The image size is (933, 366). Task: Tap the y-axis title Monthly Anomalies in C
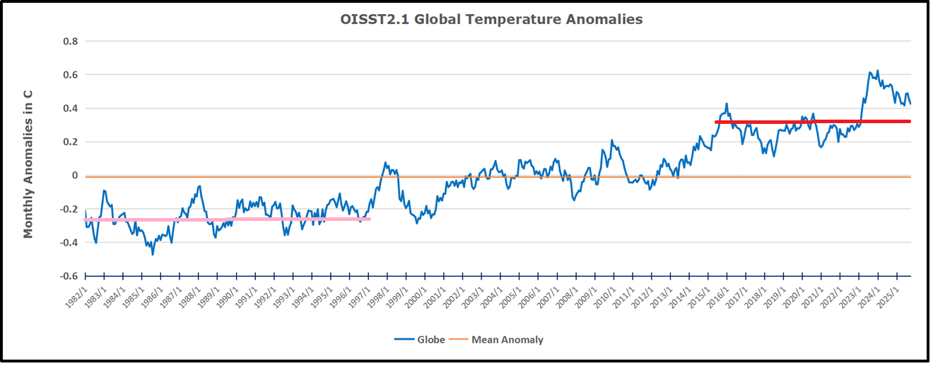point(28,163)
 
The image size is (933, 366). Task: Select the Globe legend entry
point(420,340)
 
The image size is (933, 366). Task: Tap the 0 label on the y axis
point(74,176)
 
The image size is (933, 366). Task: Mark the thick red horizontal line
point(813,122)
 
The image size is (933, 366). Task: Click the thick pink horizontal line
point(226,219)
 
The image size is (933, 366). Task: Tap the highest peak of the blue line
point(878,71)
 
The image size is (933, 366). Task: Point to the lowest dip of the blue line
point(153,253)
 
